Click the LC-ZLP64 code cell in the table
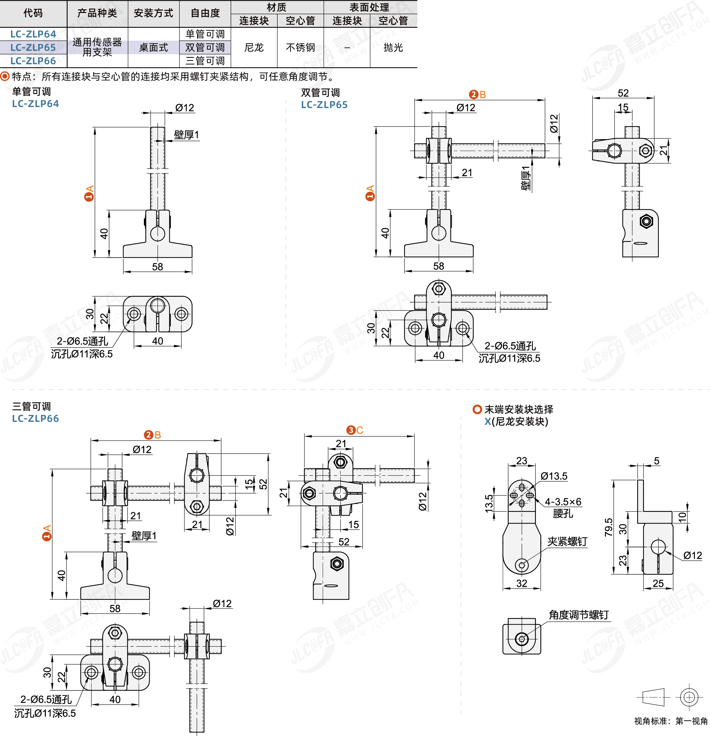33,34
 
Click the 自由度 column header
205,13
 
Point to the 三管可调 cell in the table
205,61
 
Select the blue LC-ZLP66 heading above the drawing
36,419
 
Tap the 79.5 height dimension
609,527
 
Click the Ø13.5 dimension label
554,476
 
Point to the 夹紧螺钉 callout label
567,542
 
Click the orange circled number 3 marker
351,430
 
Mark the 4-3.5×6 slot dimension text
563,502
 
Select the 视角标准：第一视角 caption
671,721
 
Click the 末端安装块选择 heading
519,409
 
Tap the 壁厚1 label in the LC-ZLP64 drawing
186,135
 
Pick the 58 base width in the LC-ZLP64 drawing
157,267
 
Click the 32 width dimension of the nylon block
522,583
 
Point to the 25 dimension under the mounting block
658,583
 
